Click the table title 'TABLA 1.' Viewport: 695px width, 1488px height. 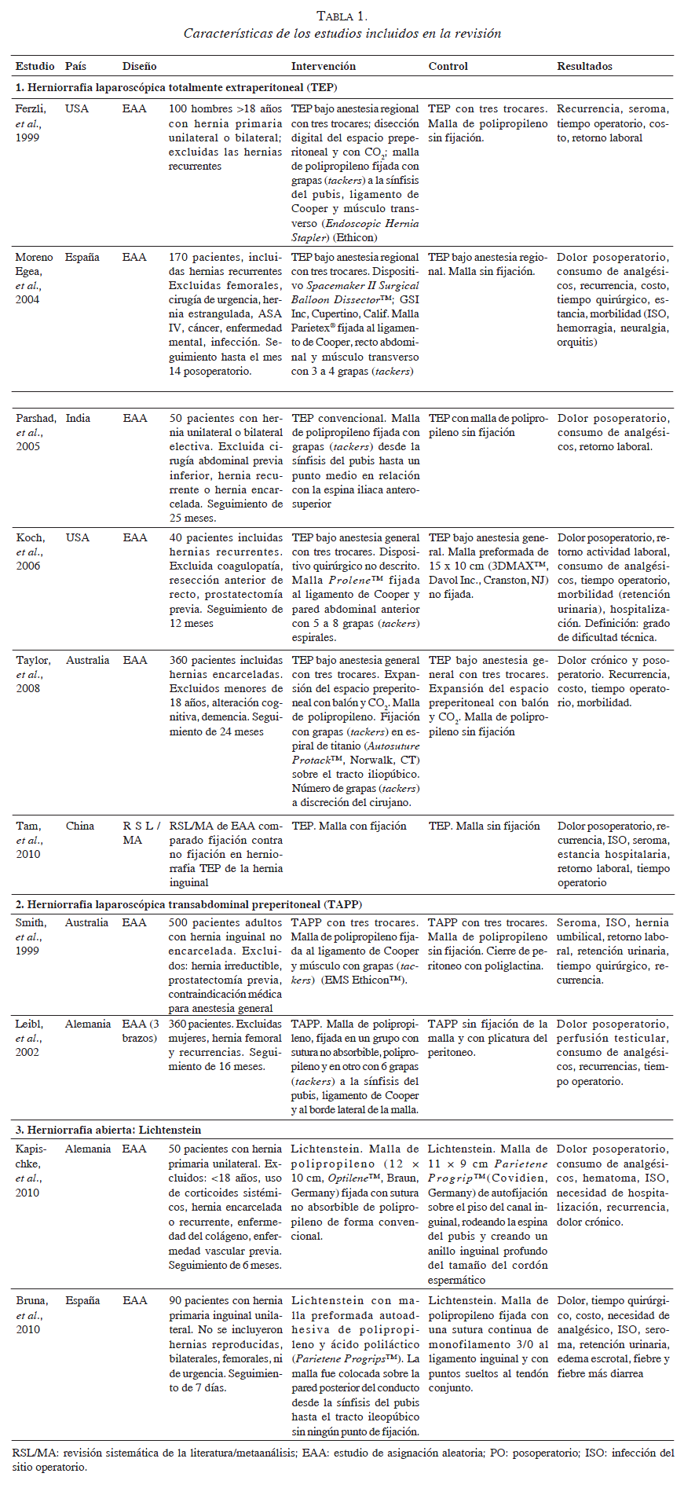coord(342,16)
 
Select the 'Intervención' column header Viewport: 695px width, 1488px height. coord(323,66)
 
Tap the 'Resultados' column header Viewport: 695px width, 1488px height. coord(584,66)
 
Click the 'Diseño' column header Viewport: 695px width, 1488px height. coord(139,66)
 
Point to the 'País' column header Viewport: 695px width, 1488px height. coord(75,66)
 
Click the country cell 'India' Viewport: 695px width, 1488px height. coord(78,418)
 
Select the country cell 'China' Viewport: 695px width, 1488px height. coord(79,826)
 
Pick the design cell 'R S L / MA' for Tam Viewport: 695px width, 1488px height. coord(141,833)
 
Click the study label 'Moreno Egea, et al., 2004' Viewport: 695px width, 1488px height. coord(35,278)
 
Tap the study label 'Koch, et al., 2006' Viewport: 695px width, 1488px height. coord(31,552)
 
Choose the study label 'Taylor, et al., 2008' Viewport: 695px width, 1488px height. coord(33,674)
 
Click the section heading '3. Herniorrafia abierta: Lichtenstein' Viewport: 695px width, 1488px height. coord(108,1130)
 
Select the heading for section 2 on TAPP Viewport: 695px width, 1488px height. coord(188,904)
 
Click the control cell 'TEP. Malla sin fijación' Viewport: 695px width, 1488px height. coord(484,826)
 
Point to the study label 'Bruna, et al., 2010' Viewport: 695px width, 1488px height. coord(32,1314)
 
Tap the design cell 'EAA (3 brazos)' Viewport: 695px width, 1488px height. coord(141,1031)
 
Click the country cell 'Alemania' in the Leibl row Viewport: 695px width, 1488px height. coord(88,1024)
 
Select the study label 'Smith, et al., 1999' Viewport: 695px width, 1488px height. coord(31,936)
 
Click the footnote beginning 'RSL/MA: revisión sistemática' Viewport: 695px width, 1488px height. coord(342,1460)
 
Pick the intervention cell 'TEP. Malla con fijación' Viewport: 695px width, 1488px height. coord(349,826)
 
